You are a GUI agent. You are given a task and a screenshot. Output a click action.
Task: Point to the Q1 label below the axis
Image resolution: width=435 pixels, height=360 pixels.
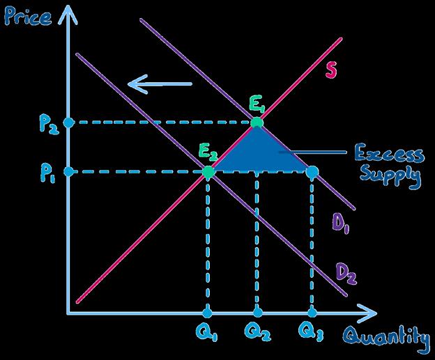tap(206, 334)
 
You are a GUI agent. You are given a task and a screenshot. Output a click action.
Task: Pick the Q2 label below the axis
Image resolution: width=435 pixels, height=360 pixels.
tap(257, 334)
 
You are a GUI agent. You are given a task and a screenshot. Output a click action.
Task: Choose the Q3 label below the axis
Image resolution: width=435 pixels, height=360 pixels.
tap(311, 334)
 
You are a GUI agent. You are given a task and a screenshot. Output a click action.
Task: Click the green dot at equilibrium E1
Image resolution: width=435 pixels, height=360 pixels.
tap(257, 123)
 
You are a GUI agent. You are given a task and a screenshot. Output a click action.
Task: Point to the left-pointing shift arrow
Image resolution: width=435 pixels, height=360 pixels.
tap(159, 85)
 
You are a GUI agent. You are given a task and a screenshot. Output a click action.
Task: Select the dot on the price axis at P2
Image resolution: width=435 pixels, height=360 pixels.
tap(68, 123)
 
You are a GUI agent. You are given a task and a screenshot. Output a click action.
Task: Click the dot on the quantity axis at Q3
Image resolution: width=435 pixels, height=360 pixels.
tap(312, 313)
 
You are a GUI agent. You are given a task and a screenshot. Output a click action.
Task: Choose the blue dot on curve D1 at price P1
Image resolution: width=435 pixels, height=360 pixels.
tap(312, 171)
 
